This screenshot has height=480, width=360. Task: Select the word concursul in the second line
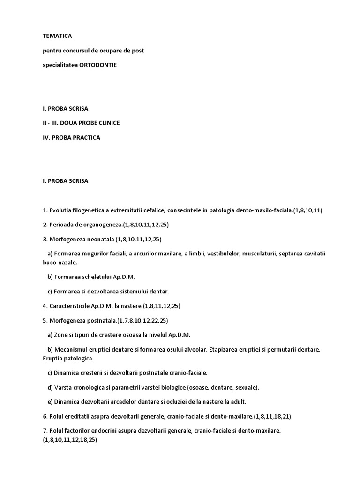74,50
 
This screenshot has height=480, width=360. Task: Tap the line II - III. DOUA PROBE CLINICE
81,123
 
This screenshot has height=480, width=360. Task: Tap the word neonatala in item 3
98,239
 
